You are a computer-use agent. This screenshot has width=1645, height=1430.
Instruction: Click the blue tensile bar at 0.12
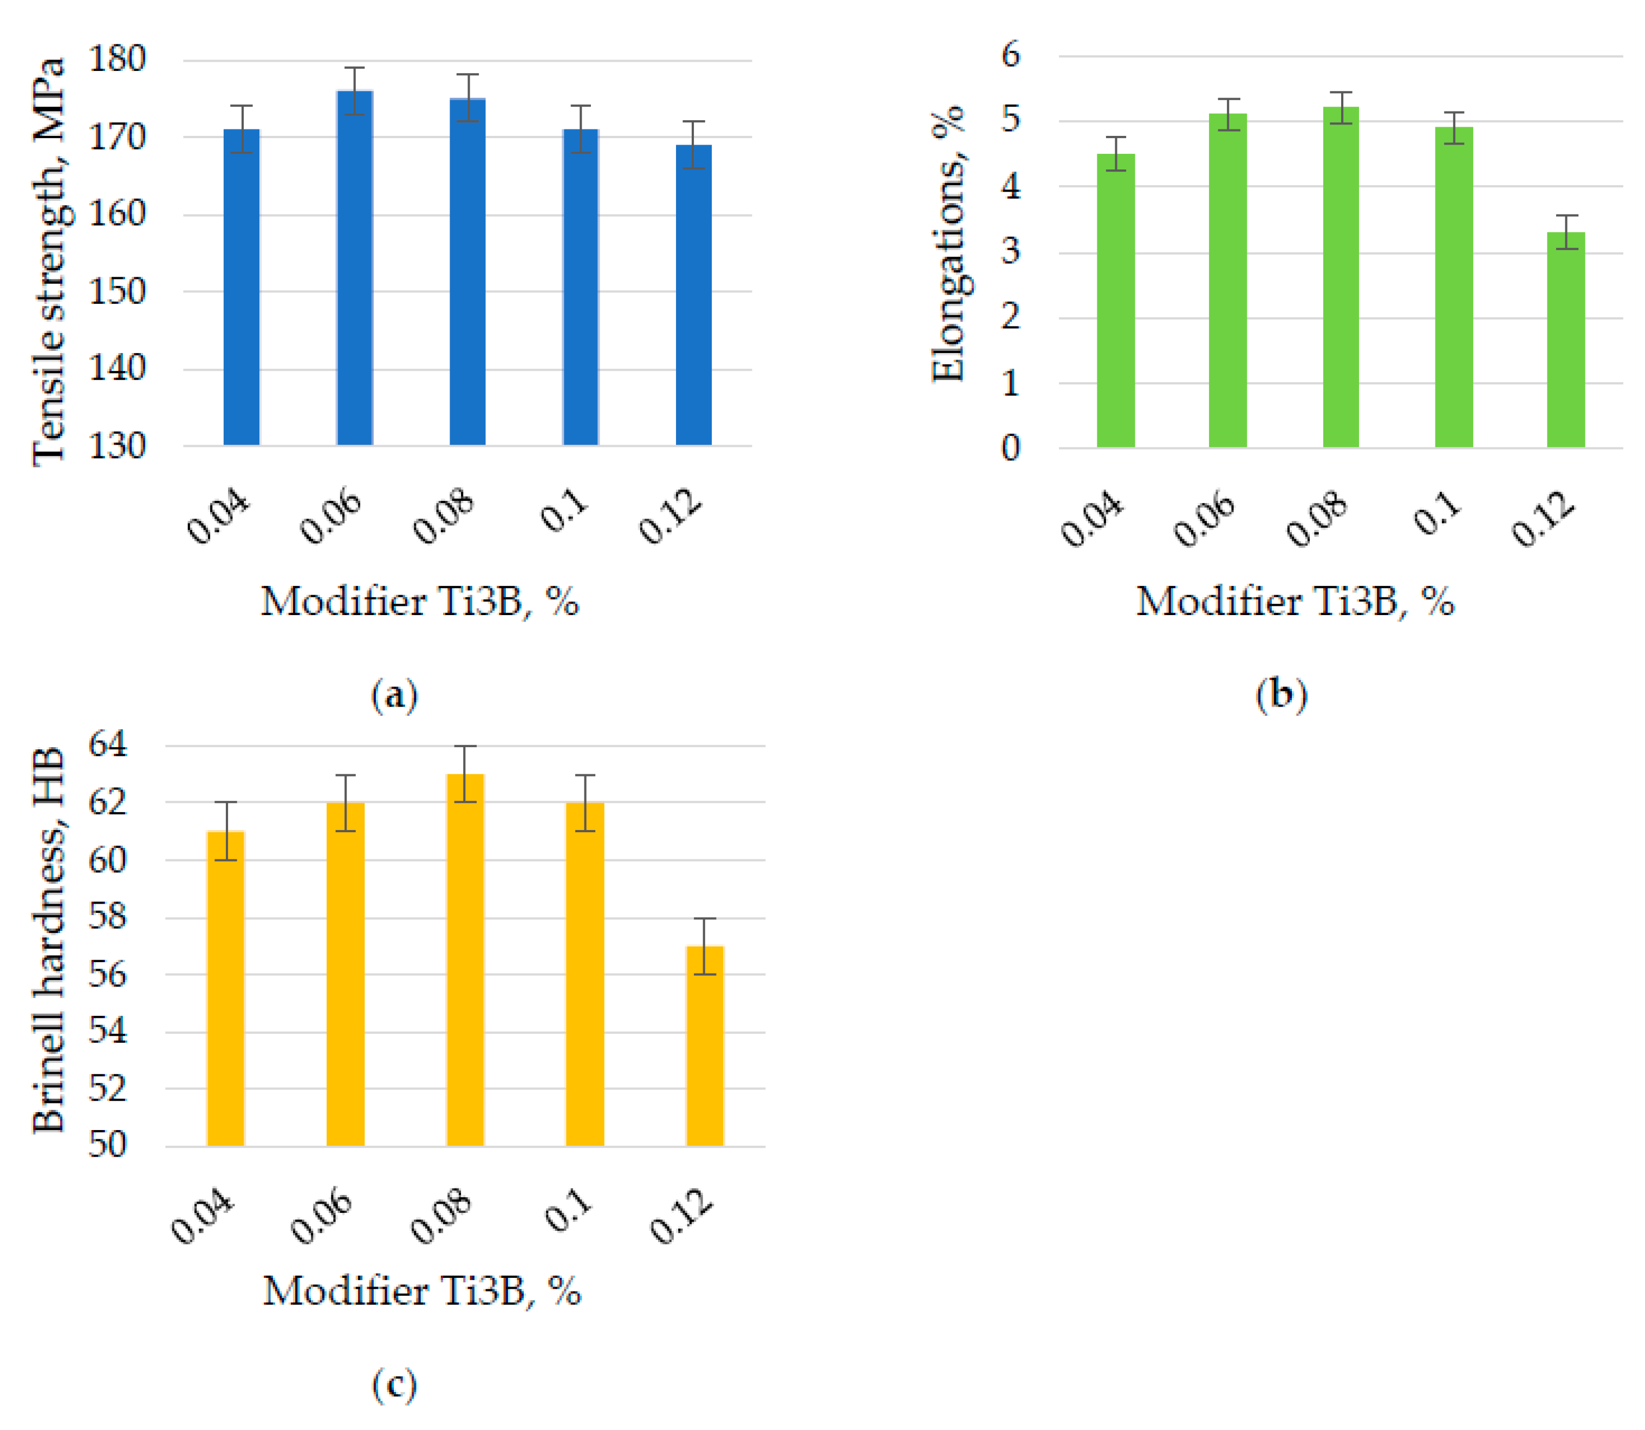click(x=694, y=295)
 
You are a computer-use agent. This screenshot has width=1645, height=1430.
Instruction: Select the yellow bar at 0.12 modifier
click(x=705, y=1046)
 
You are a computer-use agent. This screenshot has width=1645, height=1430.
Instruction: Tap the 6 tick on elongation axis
click(x=1011, y=55)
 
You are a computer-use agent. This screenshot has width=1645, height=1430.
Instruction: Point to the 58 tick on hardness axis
click(x=107, y=916)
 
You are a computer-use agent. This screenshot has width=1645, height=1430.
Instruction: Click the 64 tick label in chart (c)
click(x=107, y=744)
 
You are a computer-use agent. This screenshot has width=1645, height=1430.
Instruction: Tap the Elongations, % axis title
click(x=948, y=244)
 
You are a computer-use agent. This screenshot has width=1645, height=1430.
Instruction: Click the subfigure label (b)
click(x=1280, y=694)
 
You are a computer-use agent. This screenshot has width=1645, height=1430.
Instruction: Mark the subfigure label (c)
click(x=394, y=1385)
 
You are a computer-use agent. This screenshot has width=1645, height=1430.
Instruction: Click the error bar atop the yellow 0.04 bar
click(x=226, y=831)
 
